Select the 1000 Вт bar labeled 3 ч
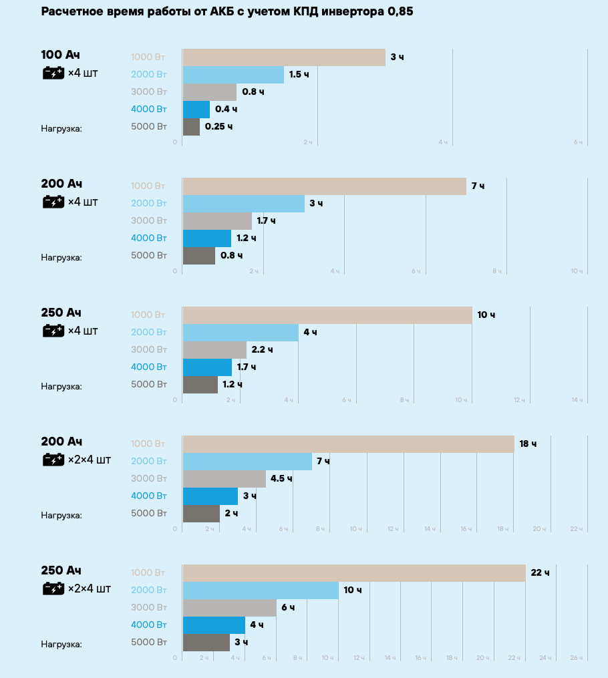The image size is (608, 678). click(x=283, y=57)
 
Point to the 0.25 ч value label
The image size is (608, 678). click(x=218, y=127)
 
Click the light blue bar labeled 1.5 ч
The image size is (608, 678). click(x=233, y=75)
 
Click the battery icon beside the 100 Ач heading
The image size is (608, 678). click(x=53, y=73)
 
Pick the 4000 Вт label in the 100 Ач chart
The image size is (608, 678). click(x=148, y=109)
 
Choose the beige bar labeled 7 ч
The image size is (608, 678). click(x=324, y=186)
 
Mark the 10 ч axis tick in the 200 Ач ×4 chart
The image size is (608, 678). click(x=577, y=271)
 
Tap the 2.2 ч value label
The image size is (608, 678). click(x=262, y=350)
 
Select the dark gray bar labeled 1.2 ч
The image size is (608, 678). click(x=200, y=385)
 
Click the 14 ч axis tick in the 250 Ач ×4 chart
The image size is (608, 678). click(x=577, y=400)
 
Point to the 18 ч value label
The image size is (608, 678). click(x=528, y=444)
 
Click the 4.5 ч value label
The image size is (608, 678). click(x=281, y=479)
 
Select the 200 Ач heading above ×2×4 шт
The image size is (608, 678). click(x=61, y=442)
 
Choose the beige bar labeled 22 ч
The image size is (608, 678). click(x=353, y=573)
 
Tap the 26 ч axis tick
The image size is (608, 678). click(x=577, y=658)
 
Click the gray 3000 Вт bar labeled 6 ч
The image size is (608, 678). click(x=229, y=608)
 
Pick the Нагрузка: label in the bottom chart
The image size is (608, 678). click(x=61, y=644)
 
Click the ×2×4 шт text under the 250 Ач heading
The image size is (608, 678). click(x=90, y=588)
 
